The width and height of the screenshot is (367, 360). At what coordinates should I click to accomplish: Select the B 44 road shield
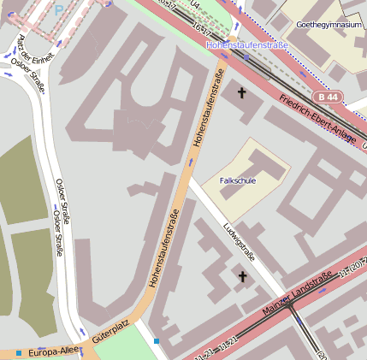point(322,97)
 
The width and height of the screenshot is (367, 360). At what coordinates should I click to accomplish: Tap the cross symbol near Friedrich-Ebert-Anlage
point(241,91)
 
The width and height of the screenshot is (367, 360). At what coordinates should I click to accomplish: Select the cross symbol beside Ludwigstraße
point(242,276)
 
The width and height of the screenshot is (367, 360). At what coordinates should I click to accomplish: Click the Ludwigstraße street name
point(240,241)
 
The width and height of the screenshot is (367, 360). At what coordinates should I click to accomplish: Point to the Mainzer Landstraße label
point(298,294)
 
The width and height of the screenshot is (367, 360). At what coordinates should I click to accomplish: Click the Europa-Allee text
point(54,352)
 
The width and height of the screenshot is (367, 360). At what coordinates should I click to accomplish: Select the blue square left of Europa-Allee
point(18,352)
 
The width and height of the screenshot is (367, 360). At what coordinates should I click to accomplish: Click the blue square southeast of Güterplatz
point(157,342)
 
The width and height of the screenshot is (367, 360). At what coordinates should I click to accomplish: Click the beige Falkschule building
point(257,167)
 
